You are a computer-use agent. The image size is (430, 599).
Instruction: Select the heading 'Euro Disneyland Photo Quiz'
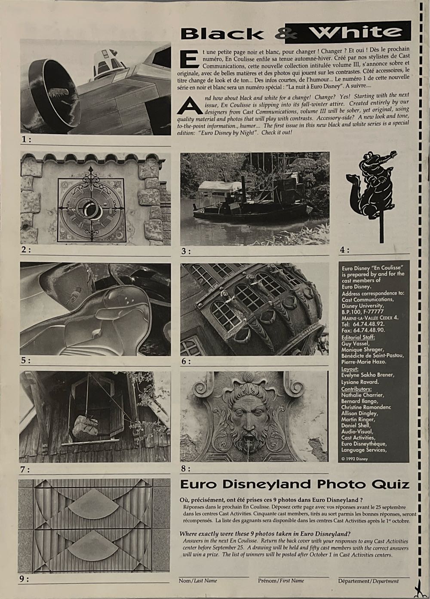(x=294, y=484)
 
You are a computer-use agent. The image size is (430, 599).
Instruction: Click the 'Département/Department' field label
(x=368, y=581)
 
